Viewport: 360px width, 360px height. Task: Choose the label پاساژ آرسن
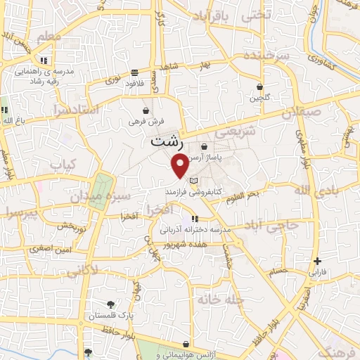226,147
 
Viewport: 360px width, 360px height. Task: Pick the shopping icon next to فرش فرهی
146,110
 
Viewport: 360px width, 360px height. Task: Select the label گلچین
259,98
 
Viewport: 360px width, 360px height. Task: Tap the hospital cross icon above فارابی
316,260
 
